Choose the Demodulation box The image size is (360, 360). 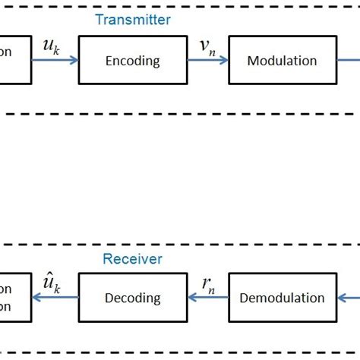pos(282,298)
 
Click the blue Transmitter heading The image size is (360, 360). pos(133,20)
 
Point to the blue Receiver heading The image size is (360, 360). pos(133,259)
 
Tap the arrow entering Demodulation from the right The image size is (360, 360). pos(348,298)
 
